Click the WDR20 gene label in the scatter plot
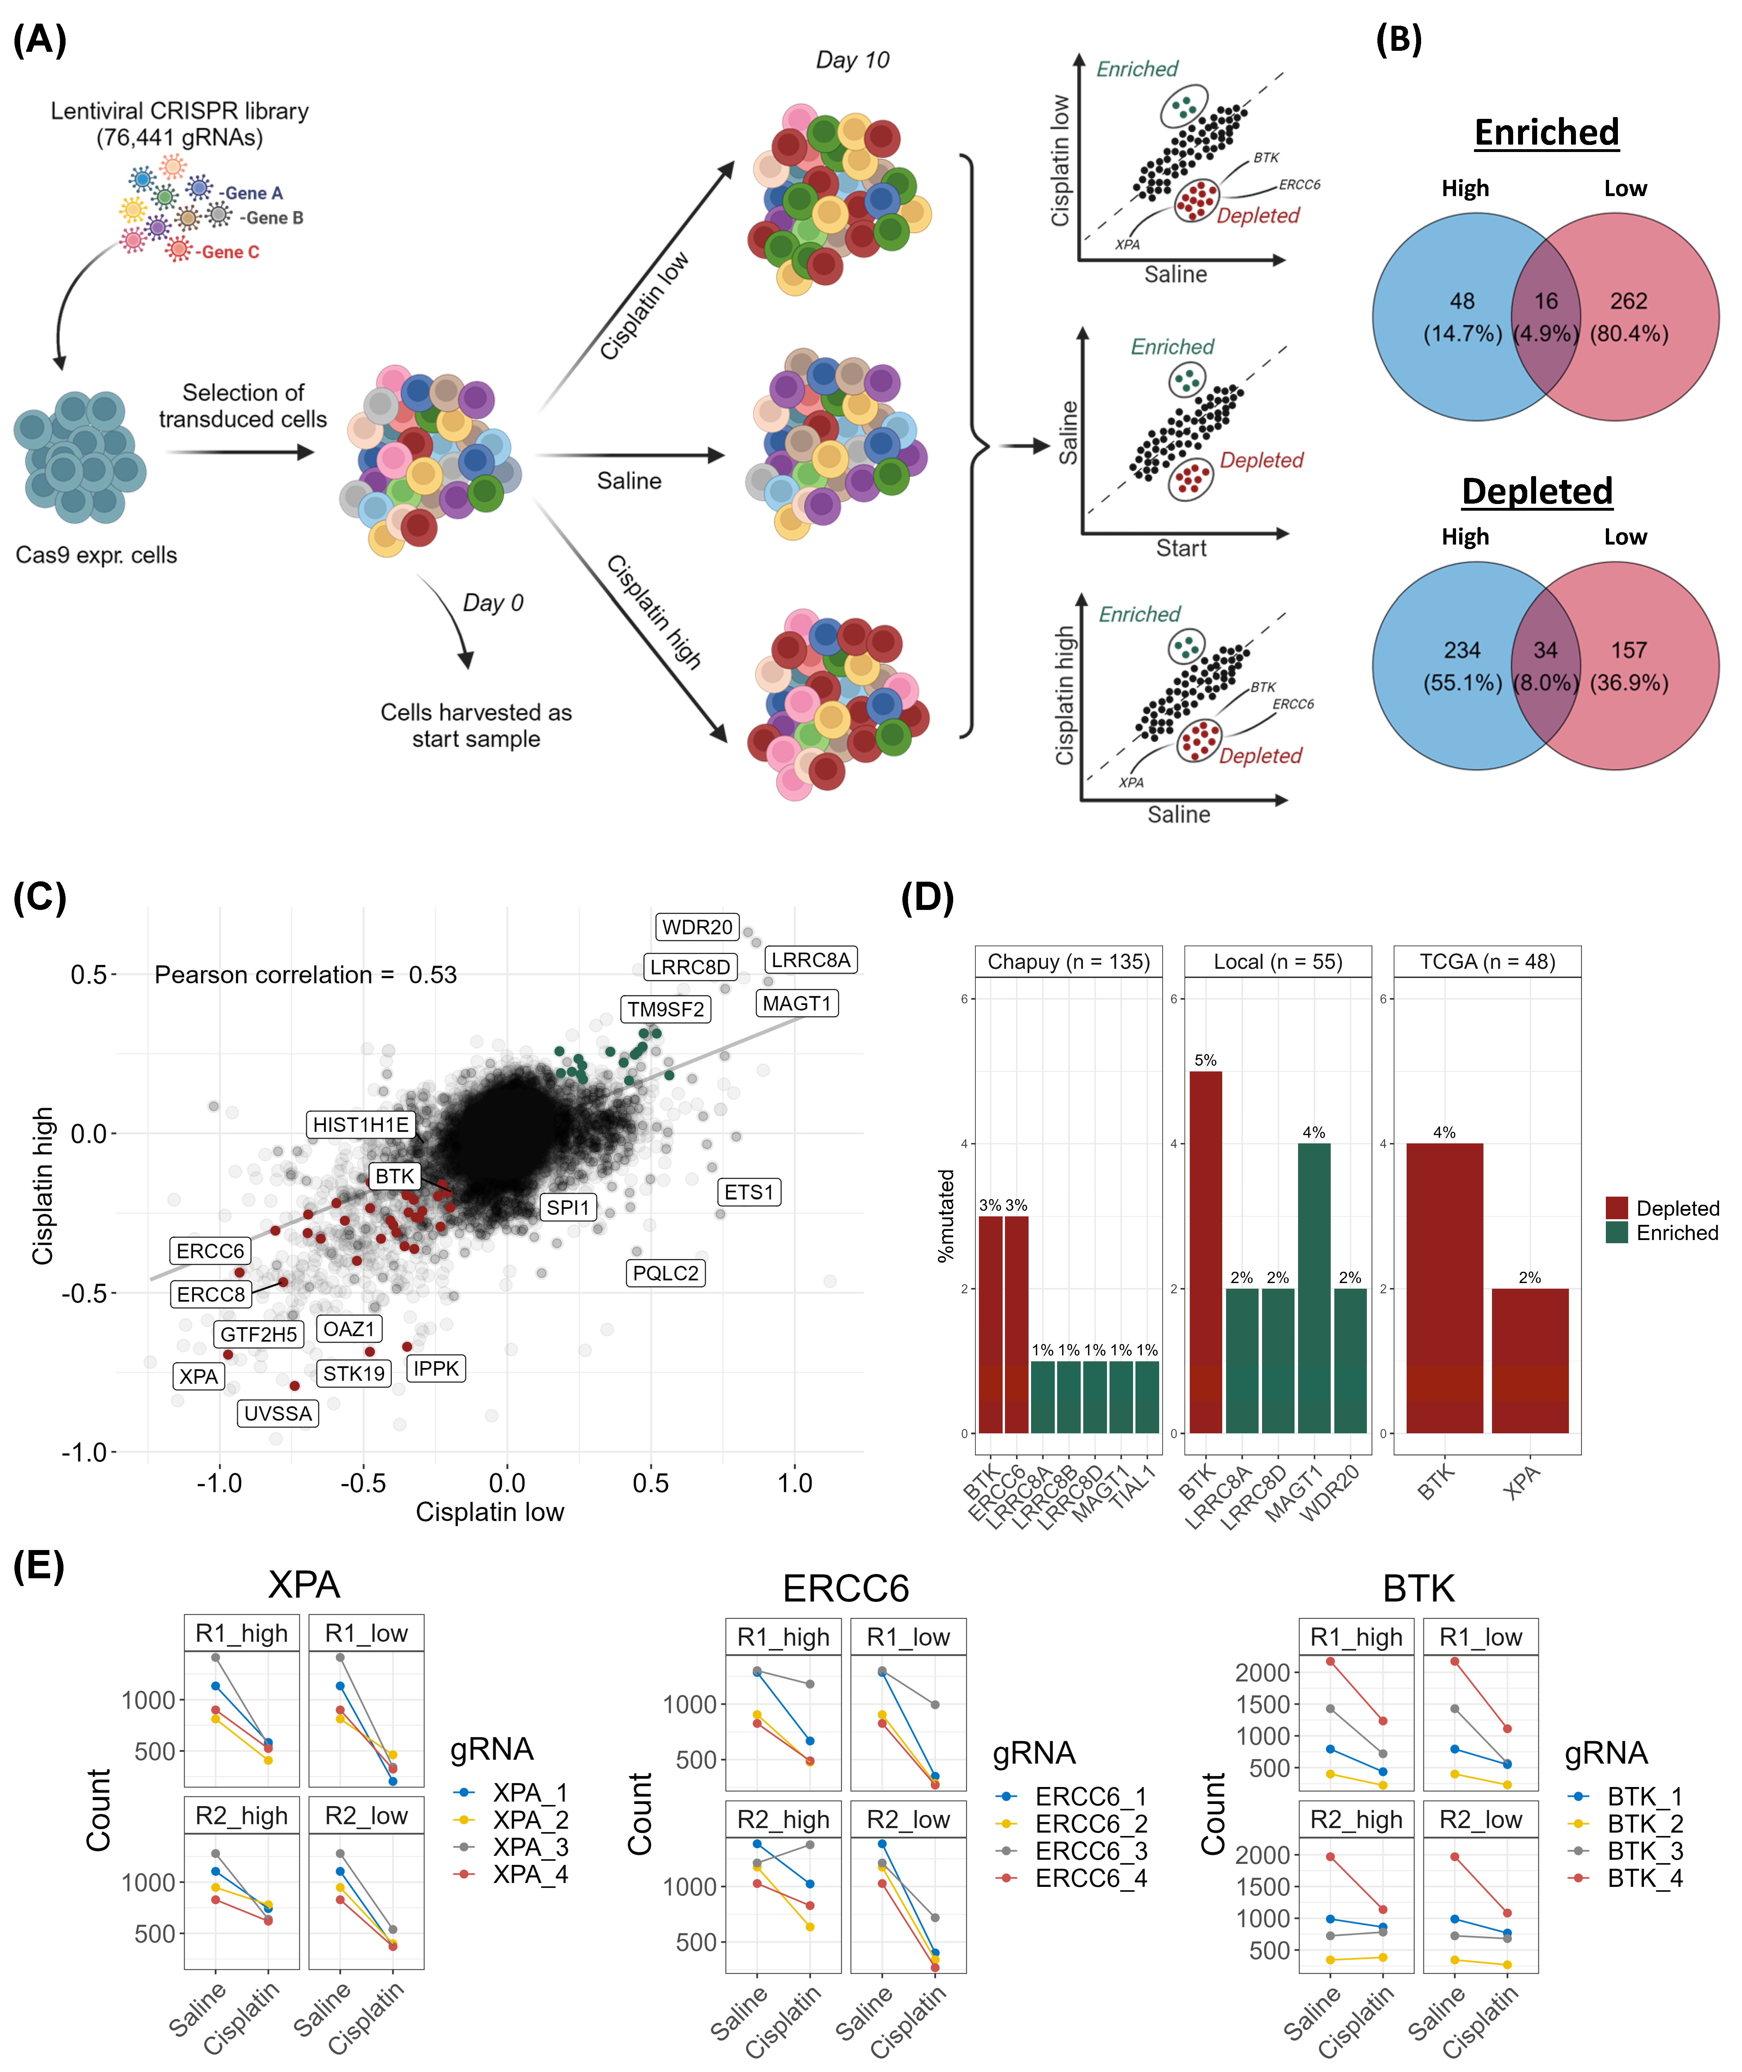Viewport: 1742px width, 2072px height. click(697, 926)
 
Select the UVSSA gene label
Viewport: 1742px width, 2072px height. click(278, 1413)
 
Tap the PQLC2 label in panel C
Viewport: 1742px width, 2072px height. click(666, 1273)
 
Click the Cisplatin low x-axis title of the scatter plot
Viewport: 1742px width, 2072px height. click(490, 1512)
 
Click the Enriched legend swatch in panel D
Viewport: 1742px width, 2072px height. click(1616, 1233)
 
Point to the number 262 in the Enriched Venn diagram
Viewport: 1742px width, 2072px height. click(1628, 301)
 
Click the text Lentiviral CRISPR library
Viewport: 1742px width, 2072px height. click(180, 111)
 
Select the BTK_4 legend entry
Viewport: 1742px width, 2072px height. click(1644, 1878)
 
